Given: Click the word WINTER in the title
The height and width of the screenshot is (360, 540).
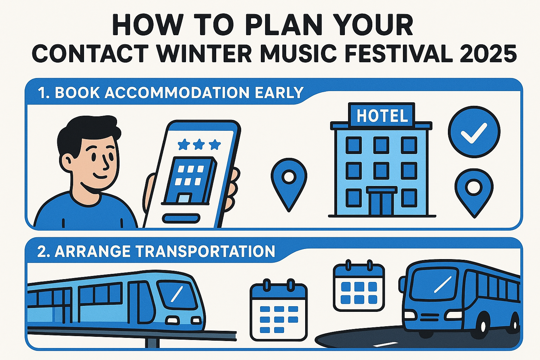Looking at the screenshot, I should click(x=204, y=53).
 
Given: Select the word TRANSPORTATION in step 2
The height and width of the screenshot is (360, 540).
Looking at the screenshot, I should click(x=205, y=251).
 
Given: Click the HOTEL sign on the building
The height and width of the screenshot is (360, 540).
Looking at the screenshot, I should click(x=382, y=116).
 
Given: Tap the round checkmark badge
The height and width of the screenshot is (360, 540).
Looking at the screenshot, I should click(x=474, y=132).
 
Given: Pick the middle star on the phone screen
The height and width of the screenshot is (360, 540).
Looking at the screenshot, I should click(x=199, y=144).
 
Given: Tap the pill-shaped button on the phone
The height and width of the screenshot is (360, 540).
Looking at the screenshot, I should click(x=181, y=218).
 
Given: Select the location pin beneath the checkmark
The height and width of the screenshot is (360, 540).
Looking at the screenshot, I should click(x=474, y=192).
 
